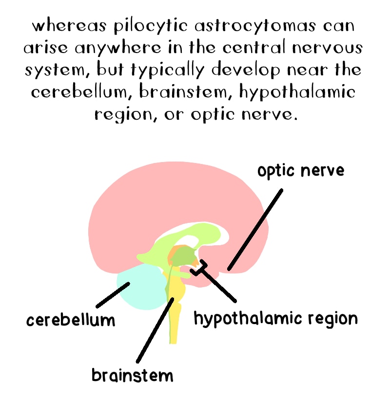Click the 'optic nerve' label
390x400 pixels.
point(301,171)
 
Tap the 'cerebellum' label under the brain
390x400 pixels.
point(71,320)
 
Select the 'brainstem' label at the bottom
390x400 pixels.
point(132,375)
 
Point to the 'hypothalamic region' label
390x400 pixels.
point(275,319)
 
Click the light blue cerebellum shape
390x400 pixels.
point(139,287)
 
